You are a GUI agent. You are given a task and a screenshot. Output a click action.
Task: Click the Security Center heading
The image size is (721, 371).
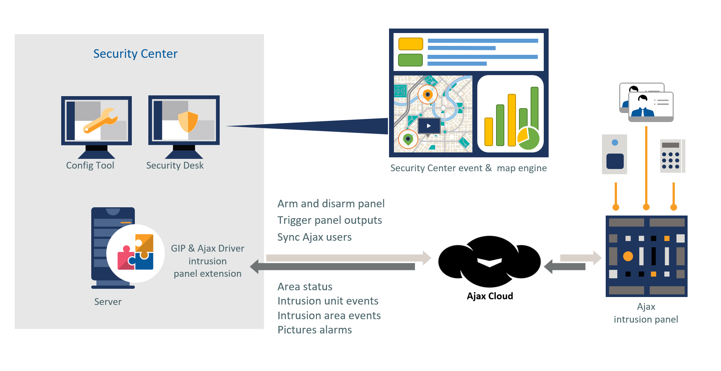(x=135, y=54)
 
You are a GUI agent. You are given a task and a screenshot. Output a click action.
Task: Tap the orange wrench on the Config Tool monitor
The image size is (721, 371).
(x=101, y=120)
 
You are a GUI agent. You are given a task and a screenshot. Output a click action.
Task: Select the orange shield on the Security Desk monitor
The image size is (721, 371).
(x=188, y=121)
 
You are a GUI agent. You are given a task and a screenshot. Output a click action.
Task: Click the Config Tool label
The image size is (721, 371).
(x=90, y=166)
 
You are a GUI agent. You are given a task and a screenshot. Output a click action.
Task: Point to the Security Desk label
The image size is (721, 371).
(x=175, y=166)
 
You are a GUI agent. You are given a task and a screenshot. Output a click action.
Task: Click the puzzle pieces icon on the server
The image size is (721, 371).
(x=136, y=252)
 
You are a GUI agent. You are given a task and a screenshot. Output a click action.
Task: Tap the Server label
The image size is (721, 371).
(x=108, y=302)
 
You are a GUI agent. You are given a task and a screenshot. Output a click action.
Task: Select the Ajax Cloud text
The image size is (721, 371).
(x=490, y=296)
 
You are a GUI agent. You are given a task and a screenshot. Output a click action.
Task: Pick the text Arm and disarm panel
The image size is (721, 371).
(x=331, y=204)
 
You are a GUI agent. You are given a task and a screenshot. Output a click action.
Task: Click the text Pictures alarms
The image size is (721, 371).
(x=314, y=330)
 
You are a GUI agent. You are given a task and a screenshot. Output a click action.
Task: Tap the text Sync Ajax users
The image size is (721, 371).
(x=314, y=237)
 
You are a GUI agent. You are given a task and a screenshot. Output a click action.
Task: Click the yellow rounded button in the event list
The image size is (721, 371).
(x=410, y=44)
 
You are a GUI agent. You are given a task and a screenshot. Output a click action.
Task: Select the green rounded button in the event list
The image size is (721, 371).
(x=410, y=60)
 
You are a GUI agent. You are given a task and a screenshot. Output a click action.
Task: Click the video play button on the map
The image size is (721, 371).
(x=429, y=126)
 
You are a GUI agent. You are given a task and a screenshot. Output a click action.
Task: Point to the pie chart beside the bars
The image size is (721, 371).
(x=528, y=139)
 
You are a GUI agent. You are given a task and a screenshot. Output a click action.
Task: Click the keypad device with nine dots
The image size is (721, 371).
(x=671, y=156)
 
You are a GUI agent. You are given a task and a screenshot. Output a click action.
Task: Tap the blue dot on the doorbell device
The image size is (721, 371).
(x=615, y=143)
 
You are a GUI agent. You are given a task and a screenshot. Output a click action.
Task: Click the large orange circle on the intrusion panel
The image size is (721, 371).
(x=628, y=256)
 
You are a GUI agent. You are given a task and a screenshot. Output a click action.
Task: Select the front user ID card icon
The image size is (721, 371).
(x=651, y=107)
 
